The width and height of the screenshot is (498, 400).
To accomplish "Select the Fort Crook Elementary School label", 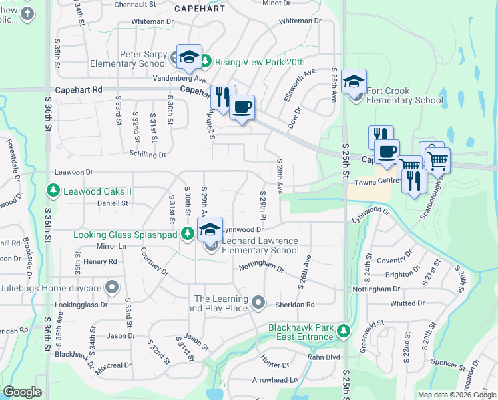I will [403, 95].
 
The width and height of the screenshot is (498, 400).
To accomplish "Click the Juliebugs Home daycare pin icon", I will [112, 289].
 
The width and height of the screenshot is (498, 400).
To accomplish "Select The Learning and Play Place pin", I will [260, 304].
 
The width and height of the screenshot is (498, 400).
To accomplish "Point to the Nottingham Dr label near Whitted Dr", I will [376, 289].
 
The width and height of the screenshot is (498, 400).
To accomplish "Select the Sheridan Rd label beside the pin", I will [292, 305].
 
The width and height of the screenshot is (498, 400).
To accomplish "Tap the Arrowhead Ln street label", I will [274, 380].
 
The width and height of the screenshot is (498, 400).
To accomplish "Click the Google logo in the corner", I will [23, 392].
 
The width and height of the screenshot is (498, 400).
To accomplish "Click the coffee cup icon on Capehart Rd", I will [242, 107].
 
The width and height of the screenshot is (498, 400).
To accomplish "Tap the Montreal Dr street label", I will [113, 366].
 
